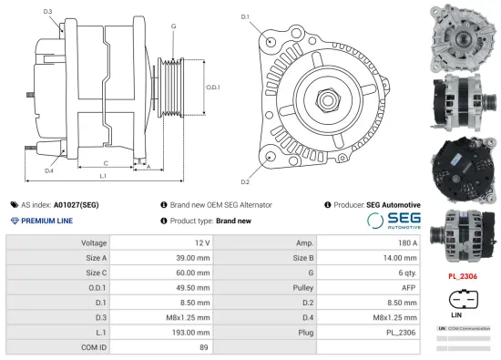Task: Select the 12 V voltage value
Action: point(201,243)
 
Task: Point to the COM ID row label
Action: point(94,347)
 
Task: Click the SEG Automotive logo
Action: point(394,221)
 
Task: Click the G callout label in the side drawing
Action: point(173,26)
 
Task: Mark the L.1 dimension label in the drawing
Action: point(103,175)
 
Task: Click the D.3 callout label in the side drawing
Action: point(47,11)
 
